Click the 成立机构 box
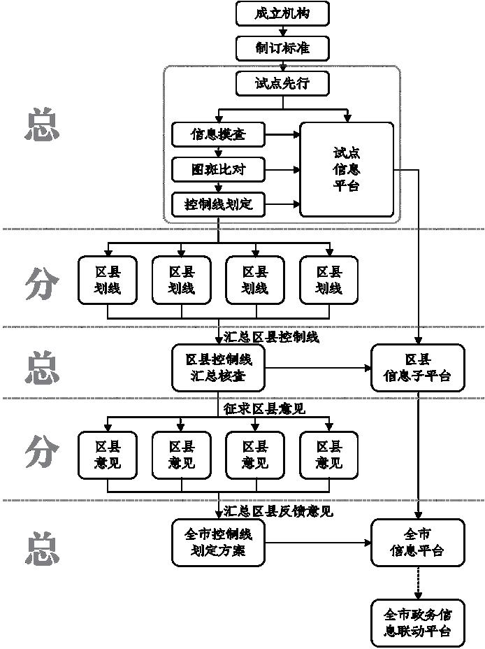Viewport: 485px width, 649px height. coord(282,13)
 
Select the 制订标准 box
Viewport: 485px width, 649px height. coord(282,48)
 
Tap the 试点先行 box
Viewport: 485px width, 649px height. coord(282,84)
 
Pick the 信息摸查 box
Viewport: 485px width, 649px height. coord(218,134)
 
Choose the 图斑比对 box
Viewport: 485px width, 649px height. coord(218,169)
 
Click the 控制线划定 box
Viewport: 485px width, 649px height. coord(218,205)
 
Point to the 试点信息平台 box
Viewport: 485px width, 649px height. coord(347,169)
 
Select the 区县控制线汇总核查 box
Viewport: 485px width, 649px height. coord(218,367)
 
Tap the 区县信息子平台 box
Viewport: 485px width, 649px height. coord(417,367)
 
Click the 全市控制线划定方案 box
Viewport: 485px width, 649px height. coord(218,542)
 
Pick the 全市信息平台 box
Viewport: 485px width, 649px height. coord(417,542)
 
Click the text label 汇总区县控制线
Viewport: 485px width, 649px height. coord(271,337)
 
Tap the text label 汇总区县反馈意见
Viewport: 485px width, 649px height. coord(278,512)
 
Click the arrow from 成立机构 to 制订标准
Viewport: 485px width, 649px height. coord(282,31)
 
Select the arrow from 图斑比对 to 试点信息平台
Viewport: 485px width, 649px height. coord(282,169)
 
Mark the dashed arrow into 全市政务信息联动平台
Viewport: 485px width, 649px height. coord(417,582)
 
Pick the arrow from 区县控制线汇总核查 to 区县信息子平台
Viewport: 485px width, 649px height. coord(318,367)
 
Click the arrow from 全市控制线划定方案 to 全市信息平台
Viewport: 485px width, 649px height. coord(318,542)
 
